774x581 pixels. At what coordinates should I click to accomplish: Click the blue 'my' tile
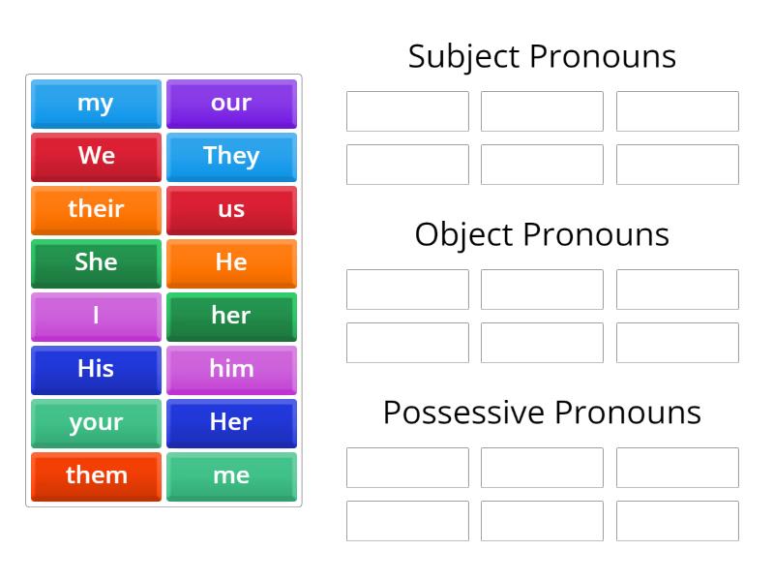(x=96, y=104)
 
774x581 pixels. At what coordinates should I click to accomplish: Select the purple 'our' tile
(x=231, y=104)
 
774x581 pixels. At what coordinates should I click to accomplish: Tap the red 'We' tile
(x=96, y=157)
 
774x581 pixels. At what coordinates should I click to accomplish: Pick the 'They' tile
(x=231, y=157)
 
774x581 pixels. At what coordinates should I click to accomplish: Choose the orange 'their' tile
(x=96, y=210)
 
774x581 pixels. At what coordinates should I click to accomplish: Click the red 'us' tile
(x=231, y=210)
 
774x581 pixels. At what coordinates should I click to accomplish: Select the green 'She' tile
(x=96, y=263)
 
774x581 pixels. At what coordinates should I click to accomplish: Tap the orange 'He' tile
(x=231, y=263)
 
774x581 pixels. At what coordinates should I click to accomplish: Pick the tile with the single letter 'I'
(x=96, y=317)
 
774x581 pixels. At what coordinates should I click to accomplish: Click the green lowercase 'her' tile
(x=231, y=317)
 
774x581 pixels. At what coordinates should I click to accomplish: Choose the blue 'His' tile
(x=96, y=370)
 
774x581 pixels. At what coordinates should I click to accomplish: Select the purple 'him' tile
(x=231, y=370)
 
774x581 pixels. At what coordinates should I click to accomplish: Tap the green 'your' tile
(x=96, y=423)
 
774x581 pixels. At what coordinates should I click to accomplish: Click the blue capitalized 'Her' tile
(x=231, y=423)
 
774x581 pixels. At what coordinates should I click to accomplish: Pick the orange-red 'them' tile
(x=96, y=476)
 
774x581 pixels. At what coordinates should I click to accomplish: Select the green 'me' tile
(x=231, y=476)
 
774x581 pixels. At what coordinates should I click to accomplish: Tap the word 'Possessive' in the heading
(x=463, y=413)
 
